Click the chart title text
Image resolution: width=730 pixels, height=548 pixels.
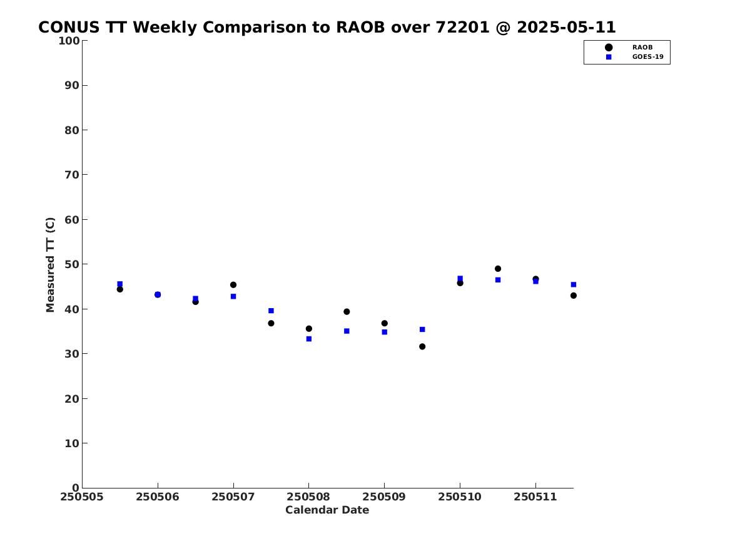(327, 28)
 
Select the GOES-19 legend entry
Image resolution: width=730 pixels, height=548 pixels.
(634, 57)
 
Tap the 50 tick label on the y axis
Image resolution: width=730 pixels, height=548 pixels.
(72, 264)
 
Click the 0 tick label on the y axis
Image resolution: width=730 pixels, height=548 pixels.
(76, 488)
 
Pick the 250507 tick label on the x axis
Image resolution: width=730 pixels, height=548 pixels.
(233, 497)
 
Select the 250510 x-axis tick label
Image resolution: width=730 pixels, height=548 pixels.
(460, 497)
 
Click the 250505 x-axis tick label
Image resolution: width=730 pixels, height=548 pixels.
(82, 497)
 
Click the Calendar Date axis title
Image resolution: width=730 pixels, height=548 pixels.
(327, 510)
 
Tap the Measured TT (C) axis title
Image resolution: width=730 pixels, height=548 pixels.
(50, 265)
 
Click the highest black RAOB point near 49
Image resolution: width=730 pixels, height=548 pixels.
(498, 269)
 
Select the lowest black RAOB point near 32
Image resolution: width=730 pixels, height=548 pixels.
(422, 347)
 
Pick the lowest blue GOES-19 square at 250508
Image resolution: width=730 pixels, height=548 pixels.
(308, 339)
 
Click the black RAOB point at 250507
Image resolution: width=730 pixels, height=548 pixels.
(233, 285)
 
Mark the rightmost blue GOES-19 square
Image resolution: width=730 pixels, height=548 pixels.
(574, 285)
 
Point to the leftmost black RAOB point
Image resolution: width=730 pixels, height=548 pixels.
(119, 289)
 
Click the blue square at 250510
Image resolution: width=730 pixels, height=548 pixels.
(460, 279)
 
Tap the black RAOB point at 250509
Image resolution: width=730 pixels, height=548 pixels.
(385, 323)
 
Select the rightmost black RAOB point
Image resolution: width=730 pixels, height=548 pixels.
(574, 296)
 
